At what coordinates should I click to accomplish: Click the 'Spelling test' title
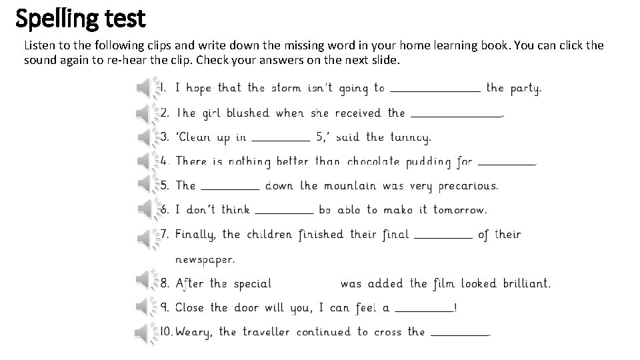[80, 19]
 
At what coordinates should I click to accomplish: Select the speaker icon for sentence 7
[146, 237]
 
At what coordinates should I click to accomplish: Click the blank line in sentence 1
[435, 89]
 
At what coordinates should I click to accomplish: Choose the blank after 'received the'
[455, 115]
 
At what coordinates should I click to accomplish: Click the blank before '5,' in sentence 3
[282, 139]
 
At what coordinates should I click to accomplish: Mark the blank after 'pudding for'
[507, 163]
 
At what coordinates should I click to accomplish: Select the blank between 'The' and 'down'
[230, 188]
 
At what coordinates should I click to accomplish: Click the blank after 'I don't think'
[284, 212]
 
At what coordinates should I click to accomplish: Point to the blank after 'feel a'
[424, 310]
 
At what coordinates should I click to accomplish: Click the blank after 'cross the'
[460, 334]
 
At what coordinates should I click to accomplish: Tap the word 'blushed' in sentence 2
[247, 113]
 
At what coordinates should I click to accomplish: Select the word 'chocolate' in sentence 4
[373, 161]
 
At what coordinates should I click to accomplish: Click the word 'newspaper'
[205, 259]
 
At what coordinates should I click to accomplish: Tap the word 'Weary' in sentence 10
[193, 332]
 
